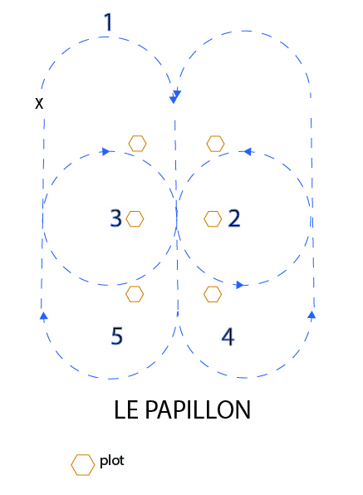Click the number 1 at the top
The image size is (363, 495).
(108, 22)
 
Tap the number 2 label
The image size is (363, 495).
(234, 218)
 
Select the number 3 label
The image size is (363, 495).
(115, 218)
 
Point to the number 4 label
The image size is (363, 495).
(228, 336)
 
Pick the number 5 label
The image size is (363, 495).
(117, 336)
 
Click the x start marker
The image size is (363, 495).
(39, 103)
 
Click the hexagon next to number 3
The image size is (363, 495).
(135, 218)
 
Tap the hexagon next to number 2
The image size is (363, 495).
(213, 218)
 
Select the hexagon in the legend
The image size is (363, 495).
(83, 465)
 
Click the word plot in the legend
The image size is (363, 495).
(112, 461)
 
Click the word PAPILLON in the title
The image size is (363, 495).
(198, 409)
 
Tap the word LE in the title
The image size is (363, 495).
(126, 409)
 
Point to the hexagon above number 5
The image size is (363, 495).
(135, 294)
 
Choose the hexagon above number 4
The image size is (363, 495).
(213, 294)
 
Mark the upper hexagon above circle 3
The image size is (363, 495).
(137, 144)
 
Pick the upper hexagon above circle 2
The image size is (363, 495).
(216, 144)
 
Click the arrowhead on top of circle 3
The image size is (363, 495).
(105, 151)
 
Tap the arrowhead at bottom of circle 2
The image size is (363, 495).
(240, 285)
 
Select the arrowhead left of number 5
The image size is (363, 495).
(43, 316)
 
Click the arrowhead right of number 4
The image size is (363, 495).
(311, 315)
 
